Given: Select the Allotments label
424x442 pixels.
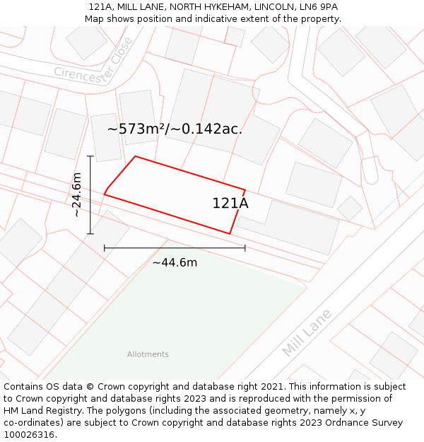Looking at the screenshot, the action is (x=148, y=354).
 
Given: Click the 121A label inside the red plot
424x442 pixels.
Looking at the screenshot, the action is (x=230, y=203).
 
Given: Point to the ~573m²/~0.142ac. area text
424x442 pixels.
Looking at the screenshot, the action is (x=175, y=129).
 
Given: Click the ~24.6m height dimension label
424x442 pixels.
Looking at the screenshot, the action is (x=76, y=194).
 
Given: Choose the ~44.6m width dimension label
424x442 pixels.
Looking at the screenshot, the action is (x=175, y=263).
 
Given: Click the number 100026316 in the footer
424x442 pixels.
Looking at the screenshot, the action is (x=28, y=435).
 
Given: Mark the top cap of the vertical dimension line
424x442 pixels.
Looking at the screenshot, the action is (x=90, y=156).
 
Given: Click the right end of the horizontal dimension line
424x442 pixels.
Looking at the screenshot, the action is (x=245, y=248).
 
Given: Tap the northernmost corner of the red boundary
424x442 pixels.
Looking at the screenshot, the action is (x=135, y=156).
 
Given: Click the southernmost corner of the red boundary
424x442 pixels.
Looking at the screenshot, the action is (x=230, y=234).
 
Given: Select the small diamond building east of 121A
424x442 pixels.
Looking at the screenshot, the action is (x=349, y=208).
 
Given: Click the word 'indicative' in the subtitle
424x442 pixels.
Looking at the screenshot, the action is (x=218, y=18).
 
